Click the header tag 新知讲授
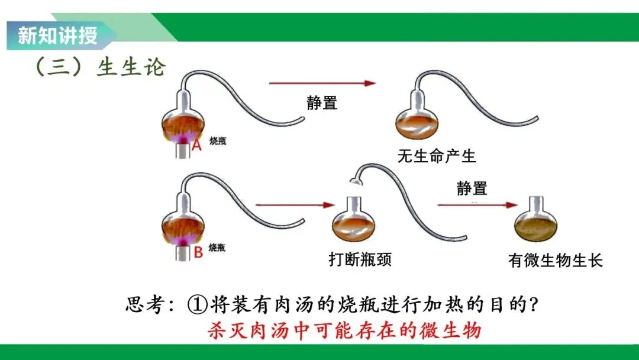[57, 36]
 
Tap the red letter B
[198, 253]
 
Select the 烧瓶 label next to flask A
[218, 141]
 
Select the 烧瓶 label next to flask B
[218, 247]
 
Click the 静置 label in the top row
[322, 102]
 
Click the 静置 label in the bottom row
[472, 188]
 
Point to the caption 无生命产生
[437, 156]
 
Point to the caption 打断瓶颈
[360, 259]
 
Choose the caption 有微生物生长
[555, 260]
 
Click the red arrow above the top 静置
[322, 83]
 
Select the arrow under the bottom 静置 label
[477, 205]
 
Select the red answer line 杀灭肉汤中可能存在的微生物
[344, 330]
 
